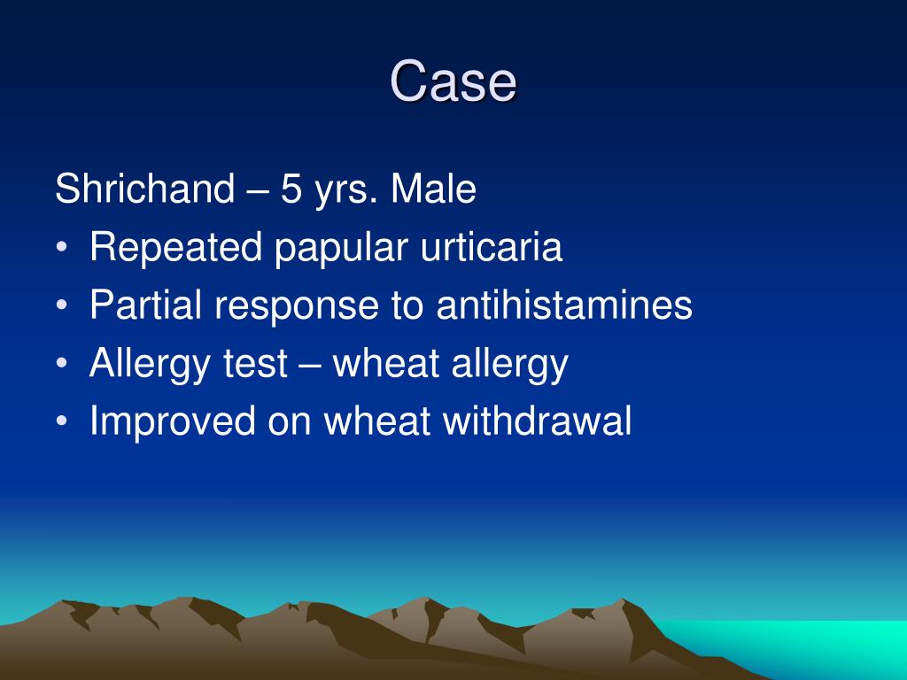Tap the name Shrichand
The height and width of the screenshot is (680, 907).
(144, 189)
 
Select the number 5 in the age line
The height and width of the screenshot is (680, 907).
(291, 189)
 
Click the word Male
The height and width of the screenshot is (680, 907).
(433, 189)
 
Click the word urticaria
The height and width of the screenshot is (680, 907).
(491, 248)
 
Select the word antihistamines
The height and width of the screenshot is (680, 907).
(564, 305)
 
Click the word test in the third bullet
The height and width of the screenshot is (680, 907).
(255, 364)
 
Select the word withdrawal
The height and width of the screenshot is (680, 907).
(537, 421)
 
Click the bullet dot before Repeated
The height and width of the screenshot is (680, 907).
(62, 249)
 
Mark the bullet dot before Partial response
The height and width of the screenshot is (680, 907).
(62, 305)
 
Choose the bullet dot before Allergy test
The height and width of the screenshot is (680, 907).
(62, 364)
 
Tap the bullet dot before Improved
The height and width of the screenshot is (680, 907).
(62, 421)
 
